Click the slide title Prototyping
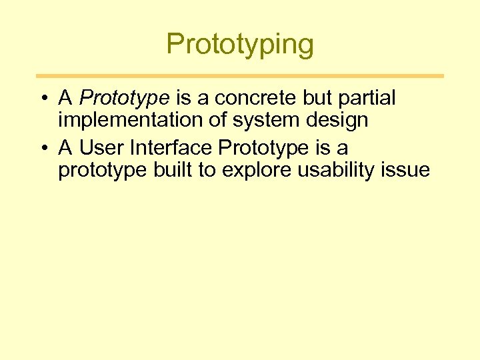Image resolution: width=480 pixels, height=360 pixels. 239,45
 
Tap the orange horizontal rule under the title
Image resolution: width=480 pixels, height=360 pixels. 239,76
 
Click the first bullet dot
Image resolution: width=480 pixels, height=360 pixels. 42,99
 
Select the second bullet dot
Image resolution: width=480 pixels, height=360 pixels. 42,147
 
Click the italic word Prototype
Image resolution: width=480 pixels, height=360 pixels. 124,99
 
